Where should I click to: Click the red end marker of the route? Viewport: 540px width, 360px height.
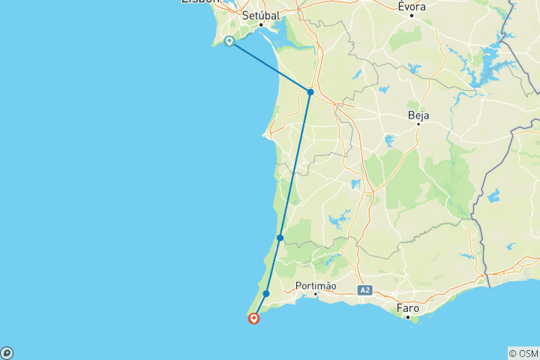pyautogui.click(x=254, y=319)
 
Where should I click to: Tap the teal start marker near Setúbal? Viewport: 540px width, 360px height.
pyautogui.click(x=229, y=41)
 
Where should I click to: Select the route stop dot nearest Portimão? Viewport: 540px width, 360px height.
pyautogui.click(x=266, y=293)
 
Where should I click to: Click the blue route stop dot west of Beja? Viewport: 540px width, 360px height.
pyautogui.click(x=310, y=92)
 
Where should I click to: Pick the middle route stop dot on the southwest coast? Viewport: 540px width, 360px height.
pyautogui.click(x=280, y=238)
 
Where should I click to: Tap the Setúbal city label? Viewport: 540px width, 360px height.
pyautogui.click(x=261, y=15)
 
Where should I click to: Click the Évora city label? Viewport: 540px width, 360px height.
pyautogui.click(x=412, y=7)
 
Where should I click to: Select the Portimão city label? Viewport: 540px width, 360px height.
pyautogui.click(x=316, y=286)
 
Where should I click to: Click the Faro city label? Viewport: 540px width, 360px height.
pyautogui.click(x=408, y=307)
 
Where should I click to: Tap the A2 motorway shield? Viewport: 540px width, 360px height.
pyautogui.click(x=364, y=289)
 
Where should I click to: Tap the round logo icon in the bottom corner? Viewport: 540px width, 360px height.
pyautogui.click(x=6, y=353)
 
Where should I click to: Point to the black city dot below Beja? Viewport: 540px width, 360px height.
pyautogui.click(x=418, y=124)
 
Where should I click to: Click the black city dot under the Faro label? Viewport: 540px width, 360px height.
pyautogui.click(x=408, y=317)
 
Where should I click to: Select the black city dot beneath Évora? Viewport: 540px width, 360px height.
pyautogui.click(x=412, y=16)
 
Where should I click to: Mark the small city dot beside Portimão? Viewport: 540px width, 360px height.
pyautogui.click(x=316, y=294)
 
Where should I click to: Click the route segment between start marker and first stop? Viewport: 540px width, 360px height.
pyautogui.click(x=270, y=67)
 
